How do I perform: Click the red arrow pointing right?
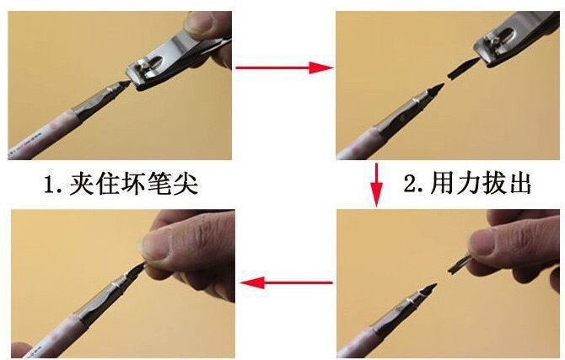pos(285,67)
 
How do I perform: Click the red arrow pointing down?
pos(377,185)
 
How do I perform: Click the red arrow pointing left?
pos(286,282)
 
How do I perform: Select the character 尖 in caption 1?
pos(186,184)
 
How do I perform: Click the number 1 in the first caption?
pos(50,185)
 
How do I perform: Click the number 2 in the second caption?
pos(411,184)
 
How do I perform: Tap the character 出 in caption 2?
pos(519,184)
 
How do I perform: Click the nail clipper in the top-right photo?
pos(515,40)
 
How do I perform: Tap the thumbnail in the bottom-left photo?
pos(157,246)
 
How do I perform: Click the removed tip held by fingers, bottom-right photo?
pos(459,264)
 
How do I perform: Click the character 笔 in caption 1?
pos(151,184)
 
